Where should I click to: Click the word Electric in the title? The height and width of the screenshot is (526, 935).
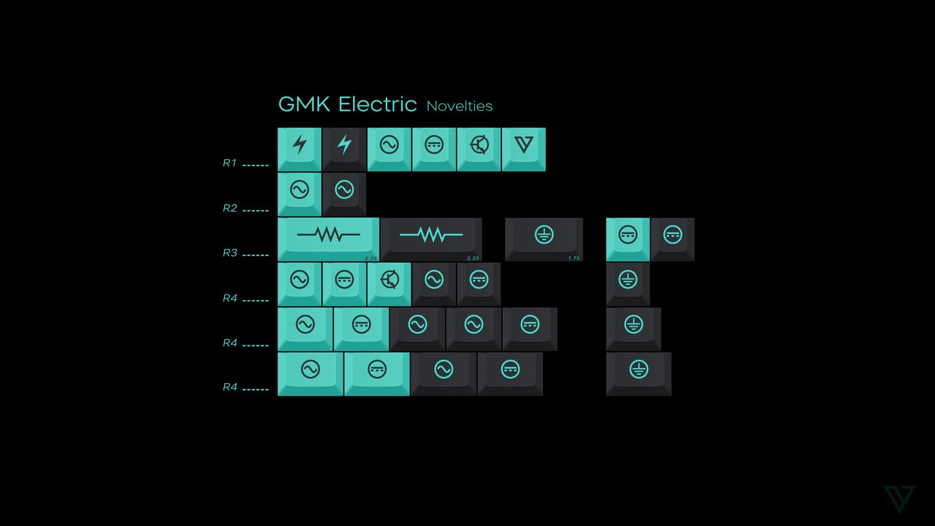(377, 104)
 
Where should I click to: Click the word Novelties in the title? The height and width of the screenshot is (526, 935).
(459, 106)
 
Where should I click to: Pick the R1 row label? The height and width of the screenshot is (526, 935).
(229, 163)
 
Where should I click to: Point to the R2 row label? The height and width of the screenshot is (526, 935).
(230, 208)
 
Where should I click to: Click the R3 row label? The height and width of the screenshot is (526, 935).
(230, 253)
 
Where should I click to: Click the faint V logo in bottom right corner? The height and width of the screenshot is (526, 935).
(899, 498)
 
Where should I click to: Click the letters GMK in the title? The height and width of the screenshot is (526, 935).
(304, 104)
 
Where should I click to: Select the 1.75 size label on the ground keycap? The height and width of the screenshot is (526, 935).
(574, 258)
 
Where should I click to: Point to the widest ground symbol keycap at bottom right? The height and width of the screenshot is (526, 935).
(638, 373)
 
